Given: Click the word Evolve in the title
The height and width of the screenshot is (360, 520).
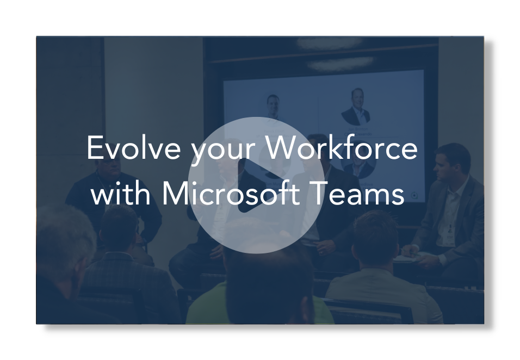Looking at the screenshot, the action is tap(134, 148).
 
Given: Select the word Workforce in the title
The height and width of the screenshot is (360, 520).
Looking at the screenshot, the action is tap(342, 148).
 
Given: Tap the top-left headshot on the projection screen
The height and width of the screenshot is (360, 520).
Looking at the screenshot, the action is tap(273, 107).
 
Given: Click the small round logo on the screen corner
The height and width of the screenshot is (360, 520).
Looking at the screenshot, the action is tap(414, 196).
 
